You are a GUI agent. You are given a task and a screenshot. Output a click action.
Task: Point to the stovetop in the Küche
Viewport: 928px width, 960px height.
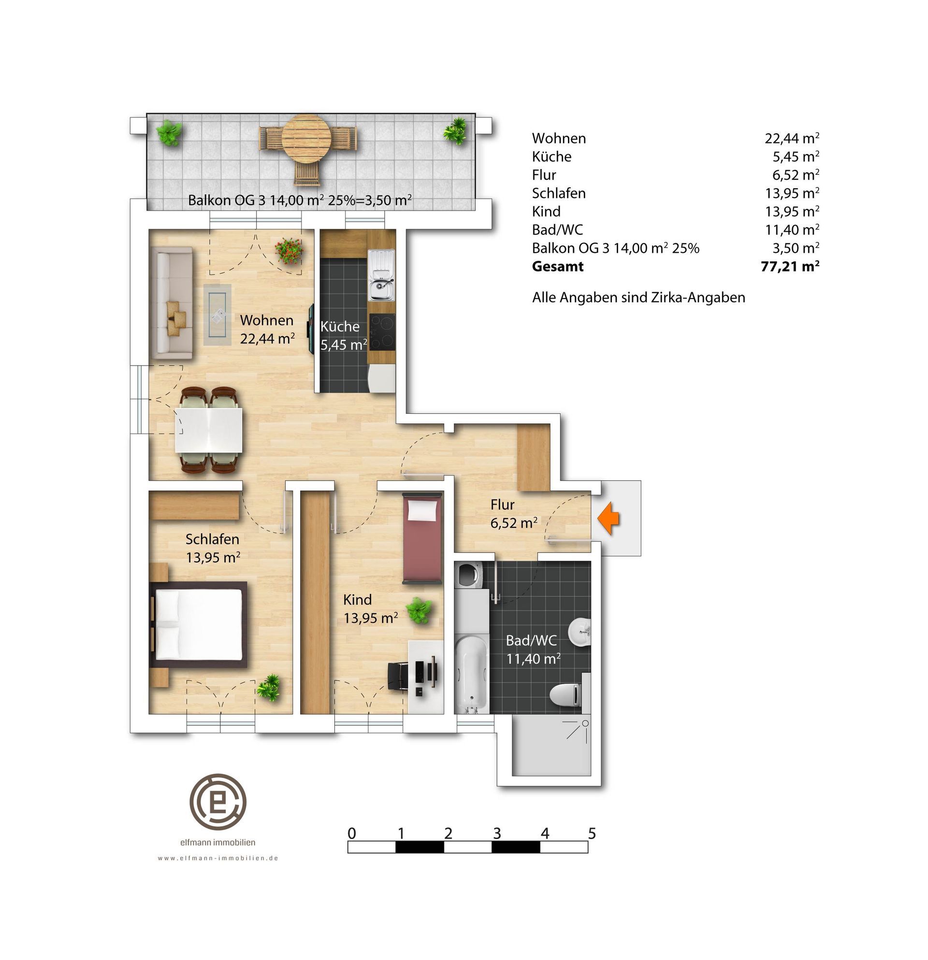click(381, 332)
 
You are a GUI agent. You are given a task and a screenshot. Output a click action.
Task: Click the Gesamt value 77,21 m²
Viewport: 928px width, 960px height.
click(790, 267)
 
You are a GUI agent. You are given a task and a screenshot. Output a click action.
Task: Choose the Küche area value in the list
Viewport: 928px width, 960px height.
click(796, 157)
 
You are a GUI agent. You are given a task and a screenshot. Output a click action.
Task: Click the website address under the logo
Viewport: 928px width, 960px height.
click(218, 858)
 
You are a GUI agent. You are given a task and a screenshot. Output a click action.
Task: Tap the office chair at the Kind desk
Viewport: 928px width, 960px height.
click(398, 676)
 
